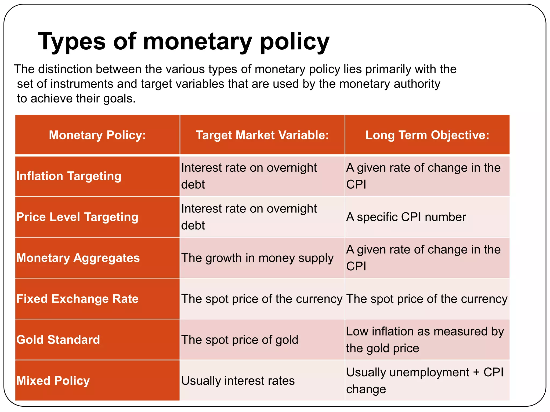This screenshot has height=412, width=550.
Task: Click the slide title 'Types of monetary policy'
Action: (184, 42)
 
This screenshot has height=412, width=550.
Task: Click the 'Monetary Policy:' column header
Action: (97, 135)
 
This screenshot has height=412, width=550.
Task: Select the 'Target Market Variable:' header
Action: (262, 135)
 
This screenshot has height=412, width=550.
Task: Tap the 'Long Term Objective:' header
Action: (427, 135)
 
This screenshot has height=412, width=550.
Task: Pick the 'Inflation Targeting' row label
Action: (69, 176)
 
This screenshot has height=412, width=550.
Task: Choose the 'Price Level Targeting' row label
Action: (77, 217)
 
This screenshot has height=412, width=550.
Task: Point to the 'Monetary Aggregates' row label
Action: (78, 258)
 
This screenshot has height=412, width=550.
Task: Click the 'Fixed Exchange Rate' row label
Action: (77, 299)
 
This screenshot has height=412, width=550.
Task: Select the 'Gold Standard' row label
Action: (58, 340)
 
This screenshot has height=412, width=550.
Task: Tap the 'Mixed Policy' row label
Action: (53, 381)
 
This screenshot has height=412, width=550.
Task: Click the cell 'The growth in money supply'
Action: (257, 258)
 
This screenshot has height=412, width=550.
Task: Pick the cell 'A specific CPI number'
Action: (406, 217)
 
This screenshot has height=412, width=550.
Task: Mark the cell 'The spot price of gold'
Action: (240, 340)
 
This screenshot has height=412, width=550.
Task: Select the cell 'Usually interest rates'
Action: (238, 381)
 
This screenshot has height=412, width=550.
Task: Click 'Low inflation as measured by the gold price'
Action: (425, 340)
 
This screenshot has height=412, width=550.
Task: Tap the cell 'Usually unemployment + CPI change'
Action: (424, 381)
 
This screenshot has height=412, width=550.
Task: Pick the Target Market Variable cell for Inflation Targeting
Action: (249, 176)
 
